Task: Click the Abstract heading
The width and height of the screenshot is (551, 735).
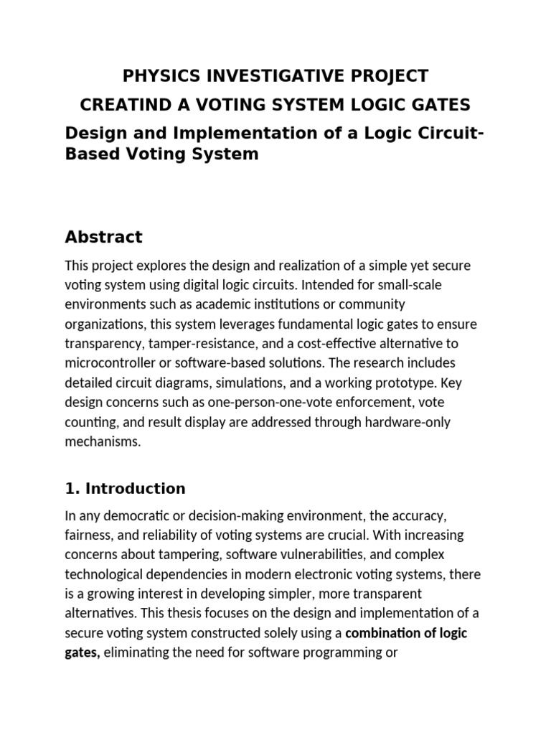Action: click(x=103, y=236)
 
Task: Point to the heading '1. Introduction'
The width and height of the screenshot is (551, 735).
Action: click(x=125, y=489)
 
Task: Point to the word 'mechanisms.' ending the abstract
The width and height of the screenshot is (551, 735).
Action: click(x=103, y=441)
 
